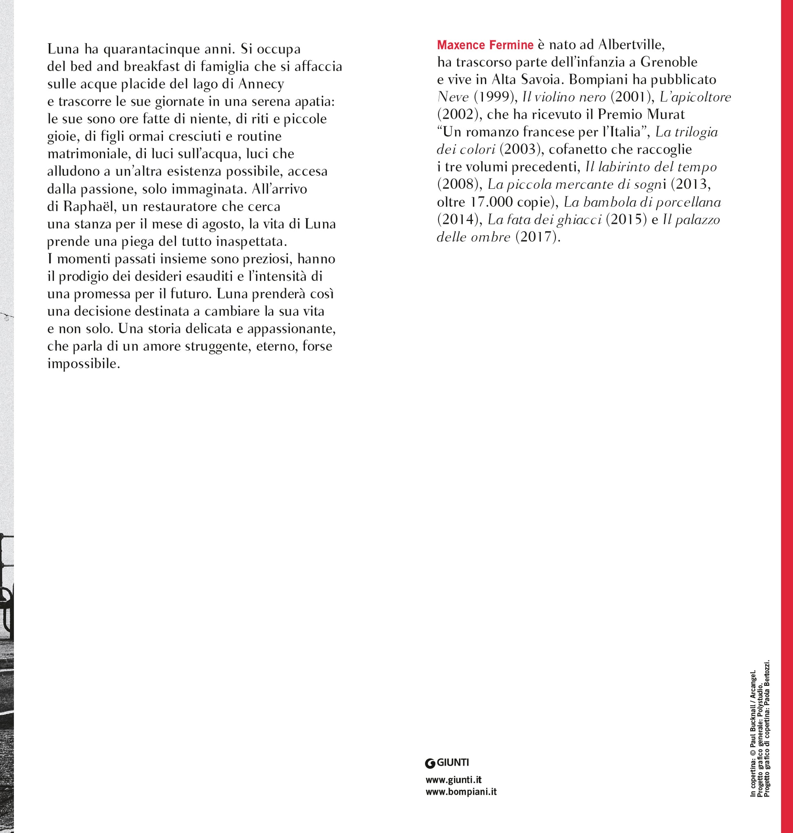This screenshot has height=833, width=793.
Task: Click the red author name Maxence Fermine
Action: click(x=485, y=45)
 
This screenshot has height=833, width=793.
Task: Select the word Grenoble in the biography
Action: click(x=669, y=62)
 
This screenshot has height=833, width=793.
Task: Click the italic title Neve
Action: click(x=453, y=97)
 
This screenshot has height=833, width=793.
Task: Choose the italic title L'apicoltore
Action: click(x=695, y=97)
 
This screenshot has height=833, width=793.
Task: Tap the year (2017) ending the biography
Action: click(x=536, y=237)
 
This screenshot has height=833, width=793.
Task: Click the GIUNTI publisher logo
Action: click(x=447, y=762)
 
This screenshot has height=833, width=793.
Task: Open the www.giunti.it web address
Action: click(x=454, y=779)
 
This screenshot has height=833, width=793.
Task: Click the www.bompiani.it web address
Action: click(x=461, y=791)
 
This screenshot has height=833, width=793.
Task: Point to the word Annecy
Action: click(x=261, y=84)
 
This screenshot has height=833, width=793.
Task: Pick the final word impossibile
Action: click(x=84, y=364)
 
